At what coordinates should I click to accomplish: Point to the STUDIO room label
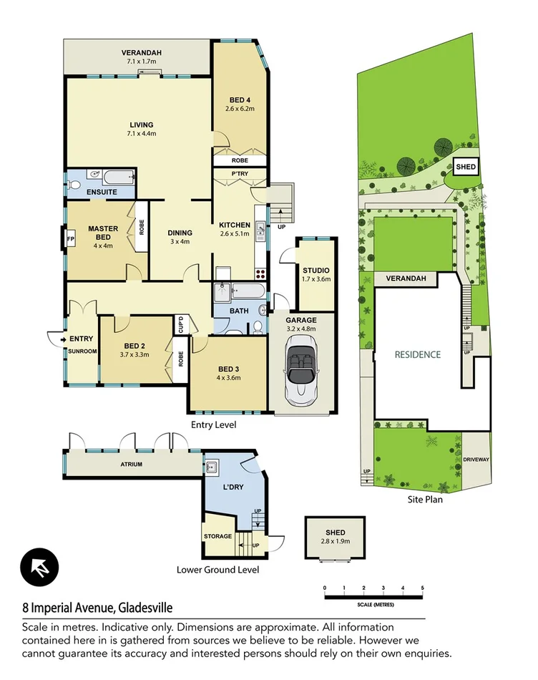coord(316,270)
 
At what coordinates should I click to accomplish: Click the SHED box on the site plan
coord(466,167)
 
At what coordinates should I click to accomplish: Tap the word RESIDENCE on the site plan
coord(418,354)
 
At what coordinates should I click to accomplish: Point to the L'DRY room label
coord(235,487)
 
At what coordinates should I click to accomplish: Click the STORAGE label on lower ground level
coord(217,536)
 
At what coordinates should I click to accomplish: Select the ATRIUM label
coord(131,465)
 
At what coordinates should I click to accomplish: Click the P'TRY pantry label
coord(239,174)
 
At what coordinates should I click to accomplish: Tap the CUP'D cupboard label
coord(180,324)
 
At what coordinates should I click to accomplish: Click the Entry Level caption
coord(213,424)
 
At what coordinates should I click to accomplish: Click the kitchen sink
coord(260,229)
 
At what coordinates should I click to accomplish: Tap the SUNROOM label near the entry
coord(82,351)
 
